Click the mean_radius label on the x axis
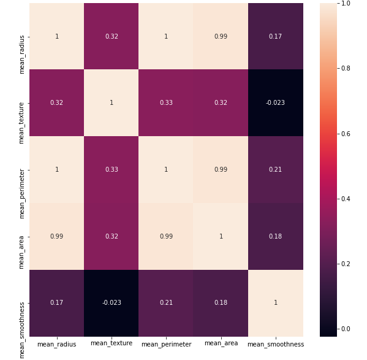[x=56, y=344]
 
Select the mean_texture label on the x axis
[x=112, y=343]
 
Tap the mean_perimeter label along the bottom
[x=167, y=344]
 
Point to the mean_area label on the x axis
[x=221, y=343]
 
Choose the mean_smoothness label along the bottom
[x=276, y=344]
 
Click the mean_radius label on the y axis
[x=21, y=55]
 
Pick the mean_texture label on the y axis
[x=21, y=123]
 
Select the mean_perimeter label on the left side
[x=21, y=194]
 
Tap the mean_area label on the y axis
[x=21, y=252]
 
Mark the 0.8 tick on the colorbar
[x=346, y=69]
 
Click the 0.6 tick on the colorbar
[x=346, y=134]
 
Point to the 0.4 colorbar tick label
[x=346, y=199]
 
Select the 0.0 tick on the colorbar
[x=346, y=329]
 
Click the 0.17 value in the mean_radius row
[x=275, y=36]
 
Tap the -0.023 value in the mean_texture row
[x=275, y=102]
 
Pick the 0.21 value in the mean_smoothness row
[x=166, y=302]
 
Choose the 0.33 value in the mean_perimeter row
[x=112, y=169]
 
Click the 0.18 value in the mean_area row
[x=275, y=236]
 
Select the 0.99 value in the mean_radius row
[x=221, y=36]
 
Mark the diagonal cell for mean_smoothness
[x=276, y=303]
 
